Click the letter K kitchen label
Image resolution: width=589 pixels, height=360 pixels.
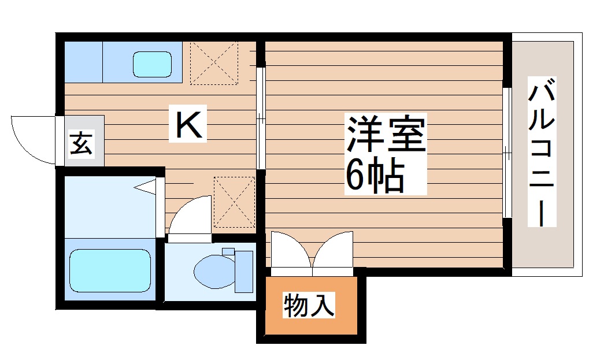tap(189, 125)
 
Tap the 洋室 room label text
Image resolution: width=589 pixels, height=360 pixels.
tap(386, 135)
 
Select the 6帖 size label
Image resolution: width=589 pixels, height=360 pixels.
tap(374, 175)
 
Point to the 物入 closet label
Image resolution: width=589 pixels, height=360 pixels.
tap(309, 305)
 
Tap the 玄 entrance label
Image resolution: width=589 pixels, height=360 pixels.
tap(81, 143)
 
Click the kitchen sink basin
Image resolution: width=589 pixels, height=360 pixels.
tap(152, 64)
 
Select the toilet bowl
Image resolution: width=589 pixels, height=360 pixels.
tap(214, 271)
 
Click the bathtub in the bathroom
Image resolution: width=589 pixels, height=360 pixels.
tap(110, 270)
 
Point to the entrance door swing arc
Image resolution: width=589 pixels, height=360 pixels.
tap(32, 139)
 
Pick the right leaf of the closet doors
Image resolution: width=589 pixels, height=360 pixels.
tap(334, 251)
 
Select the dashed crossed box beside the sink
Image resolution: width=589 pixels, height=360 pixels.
tap(214, 62)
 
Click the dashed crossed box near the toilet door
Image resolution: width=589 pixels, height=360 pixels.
tap(234, 202)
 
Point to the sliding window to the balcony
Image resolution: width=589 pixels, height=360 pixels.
tap(506, 153)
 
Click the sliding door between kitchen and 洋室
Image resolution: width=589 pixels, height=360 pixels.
tap(261, 118)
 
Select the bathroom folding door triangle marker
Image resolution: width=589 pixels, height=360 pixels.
tap(147, 186)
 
